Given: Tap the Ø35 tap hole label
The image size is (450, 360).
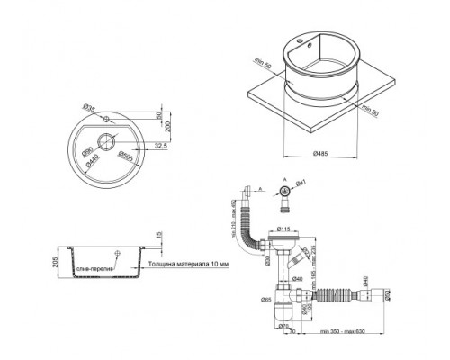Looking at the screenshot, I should (90, 109).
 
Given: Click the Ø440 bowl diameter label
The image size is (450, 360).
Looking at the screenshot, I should (90, 166).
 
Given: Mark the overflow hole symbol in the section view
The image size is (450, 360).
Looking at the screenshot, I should (117, 251).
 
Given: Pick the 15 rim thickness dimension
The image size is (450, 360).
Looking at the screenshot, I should (161, 237).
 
